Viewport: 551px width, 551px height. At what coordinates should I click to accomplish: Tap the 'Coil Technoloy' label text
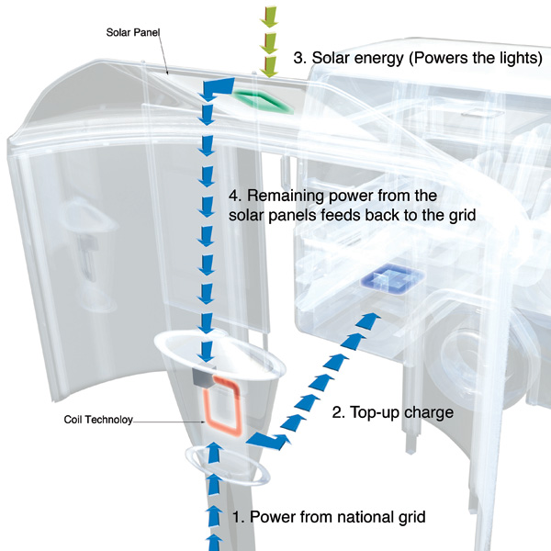point(98,420)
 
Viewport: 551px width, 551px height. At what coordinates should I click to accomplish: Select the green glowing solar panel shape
point(262,100)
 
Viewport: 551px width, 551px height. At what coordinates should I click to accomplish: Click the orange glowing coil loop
point(225,404)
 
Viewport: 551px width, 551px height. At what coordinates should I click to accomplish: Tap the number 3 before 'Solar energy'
point(298,57)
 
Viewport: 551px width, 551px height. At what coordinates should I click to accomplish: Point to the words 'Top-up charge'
point(405,412)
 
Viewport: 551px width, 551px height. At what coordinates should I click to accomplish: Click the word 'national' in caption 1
point(352,516)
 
